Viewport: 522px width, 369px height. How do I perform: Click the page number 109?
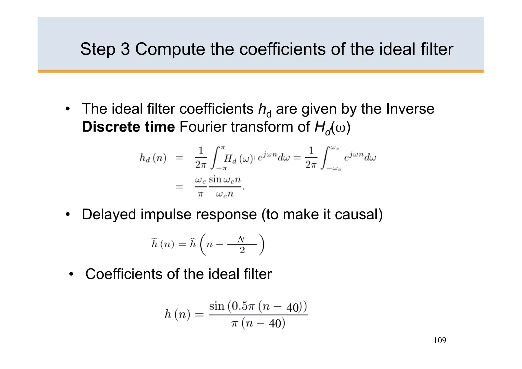point(440,340)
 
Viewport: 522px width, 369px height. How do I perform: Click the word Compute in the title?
point(170,49)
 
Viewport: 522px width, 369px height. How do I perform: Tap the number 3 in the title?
point(125,49)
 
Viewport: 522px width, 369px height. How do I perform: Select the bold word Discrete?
point(111,127)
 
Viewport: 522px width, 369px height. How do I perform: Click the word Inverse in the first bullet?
point(410,109)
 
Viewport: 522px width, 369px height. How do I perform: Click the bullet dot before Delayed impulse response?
point(68,214)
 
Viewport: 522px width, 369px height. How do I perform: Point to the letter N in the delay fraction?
point(241,239)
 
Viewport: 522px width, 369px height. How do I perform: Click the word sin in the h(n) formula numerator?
point(217,306)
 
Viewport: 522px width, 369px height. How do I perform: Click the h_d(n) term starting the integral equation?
point(153,158)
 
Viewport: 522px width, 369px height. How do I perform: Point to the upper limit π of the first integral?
point(223,148)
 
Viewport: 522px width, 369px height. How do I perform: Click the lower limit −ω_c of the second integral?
point(334,168)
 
